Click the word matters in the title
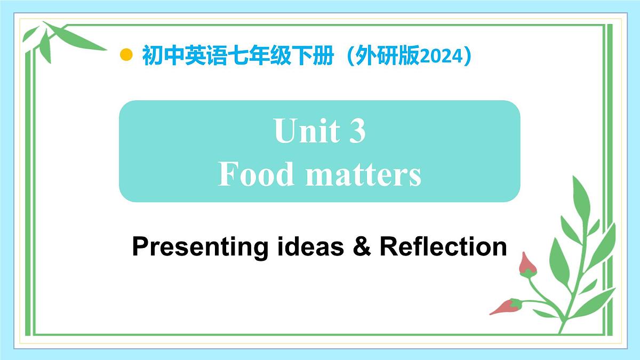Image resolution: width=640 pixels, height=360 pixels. tap(363, 175)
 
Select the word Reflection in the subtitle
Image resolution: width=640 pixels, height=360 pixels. tap(443, 246)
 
